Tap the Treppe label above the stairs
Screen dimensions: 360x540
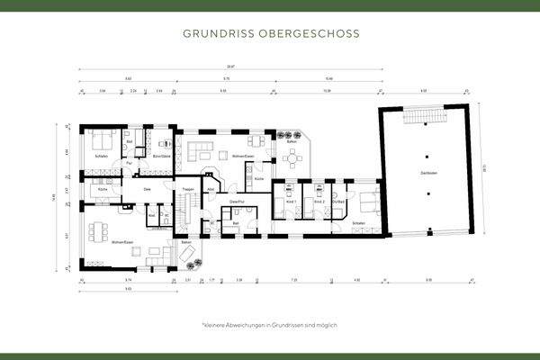click(x=188, y=189)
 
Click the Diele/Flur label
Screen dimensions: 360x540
click(x=237, y=201)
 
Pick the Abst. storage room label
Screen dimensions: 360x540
click(x=210, y=190)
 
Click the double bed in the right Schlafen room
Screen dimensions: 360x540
click(x=368, y=207)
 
